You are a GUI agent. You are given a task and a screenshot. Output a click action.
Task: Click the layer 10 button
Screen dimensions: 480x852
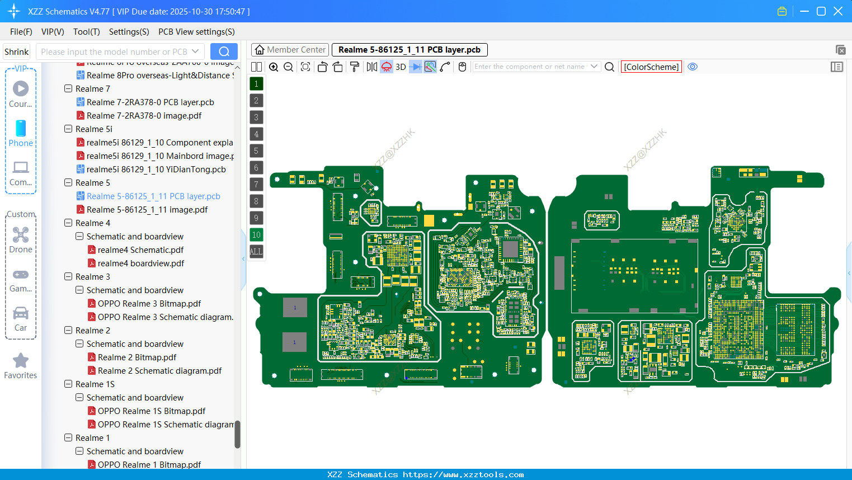pos(256,235)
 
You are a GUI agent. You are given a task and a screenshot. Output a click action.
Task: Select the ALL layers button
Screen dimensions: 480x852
pos(256,252)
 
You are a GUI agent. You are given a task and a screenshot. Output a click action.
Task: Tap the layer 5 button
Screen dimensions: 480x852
pos(256,151)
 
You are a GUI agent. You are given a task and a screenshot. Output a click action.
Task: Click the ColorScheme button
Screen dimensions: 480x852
pos(651,67)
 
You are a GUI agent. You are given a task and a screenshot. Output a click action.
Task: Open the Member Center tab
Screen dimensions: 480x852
pos(290,50)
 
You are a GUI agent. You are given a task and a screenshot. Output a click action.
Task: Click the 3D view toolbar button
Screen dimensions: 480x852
pos(401,67)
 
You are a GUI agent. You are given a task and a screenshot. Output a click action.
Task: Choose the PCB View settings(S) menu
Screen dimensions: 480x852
pos(196,32)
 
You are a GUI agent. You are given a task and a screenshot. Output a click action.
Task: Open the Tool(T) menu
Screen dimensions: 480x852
pos(86,32)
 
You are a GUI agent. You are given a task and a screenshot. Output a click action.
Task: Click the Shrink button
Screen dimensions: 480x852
pos(17,52)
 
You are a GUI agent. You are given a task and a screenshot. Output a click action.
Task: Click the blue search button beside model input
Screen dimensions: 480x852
pos(224,52)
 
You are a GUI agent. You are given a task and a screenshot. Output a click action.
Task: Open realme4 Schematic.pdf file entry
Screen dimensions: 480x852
pos(140,250)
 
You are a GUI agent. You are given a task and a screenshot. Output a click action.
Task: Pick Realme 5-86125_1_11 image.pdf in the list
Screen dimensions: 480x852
pos(147,210)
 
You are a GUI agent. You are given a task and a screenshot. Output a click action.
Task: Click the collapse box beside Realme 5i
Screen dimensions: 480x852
pos(68,129)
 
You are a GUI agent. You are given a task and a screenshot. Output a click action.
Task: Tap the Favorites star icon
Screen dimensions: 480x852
pos(21,361)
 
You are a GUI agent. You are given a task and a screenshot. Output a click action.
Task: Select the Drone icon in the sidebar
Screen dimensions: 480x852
pos(21,236)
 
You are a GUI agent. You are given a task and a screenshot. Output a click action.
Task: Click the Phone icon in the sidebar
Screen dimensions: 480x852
pos(21,129)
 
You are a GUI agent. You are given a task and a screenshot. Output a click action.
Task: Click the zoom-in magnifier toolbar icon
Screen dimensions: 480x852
pos(274,67)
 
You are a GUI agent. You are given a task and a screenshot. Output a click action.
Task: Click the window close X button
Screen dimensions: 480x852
pos(838,11)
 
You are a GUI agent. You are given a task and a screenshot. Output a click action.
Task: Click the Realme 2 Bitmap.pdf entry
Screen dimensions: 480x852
pos(136,357)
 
